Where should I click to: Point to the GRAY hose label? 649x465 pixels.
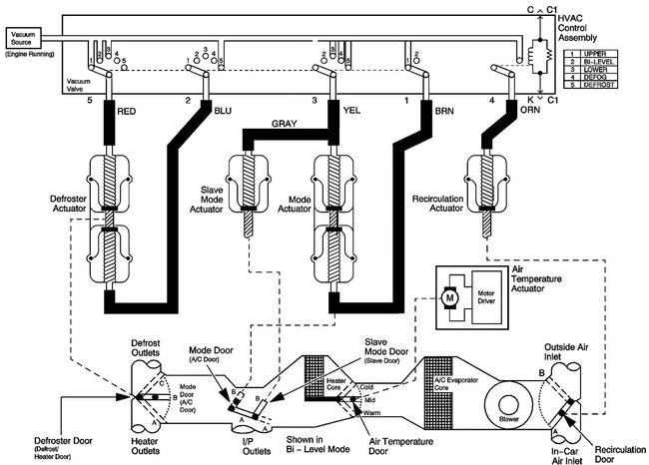point(286,125)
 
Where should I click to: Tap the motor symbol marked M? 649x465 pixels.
point(450,295)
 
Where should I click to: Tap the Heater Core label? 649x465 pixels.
point(337,382)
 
